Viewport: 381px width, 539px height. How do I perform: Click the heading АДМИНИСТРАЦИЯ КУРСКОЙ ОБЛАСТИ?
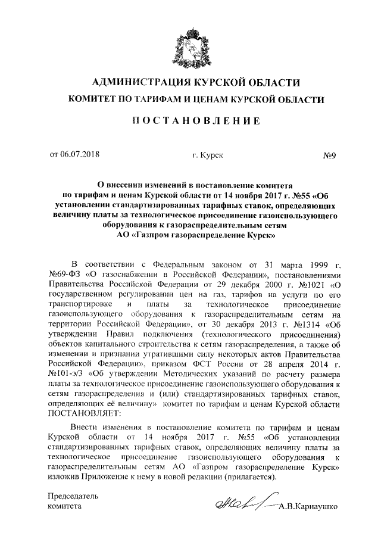[190, 82]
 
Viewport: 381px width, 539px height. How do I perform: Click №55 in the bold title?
[300, 195]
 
